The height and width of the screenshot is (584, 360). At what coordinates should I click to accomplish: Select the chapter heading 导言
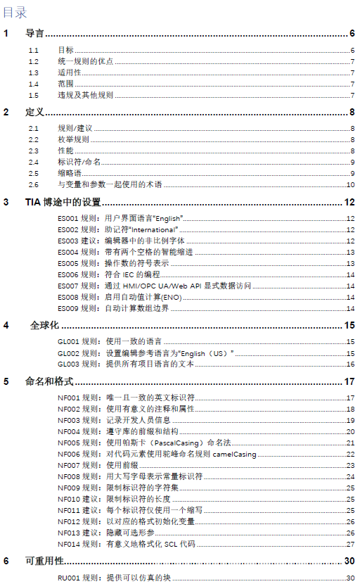pyautogui.click(x=35, y=33)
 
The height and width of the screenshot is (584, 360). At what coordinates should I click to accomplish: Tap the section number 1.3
pyautogui.click(x=34, y=72)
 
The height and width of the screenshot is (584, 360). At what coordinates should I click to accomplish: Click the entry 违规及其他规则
pyautogui.click(x=85, y=95)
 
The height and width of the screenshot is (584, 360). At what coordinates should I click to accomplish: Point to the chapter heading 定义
pyautogui.click(x=35, y=112)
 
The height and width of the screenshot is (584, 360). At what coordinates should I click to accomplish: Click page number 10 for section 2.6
pyautogui.click(x=349, y=184)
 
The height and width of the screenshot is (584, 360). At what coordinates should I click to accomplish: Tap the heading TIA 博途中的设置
pyautogui.click(x=63, y=203)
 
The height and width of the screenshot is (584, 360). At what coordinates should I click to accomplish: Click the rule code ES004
pyautogui.click(x=68, y=252)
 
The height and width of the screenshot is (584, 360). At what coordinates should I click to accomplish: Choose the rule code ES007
pyautogui.click(x=68, y=286)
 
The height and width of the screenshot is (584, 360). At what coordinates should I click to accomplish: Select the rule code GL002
pyautogui.click(x=68, y=353)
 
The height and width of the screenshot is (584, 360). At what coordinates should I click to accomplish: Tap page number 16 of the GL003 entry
pyautogui.click(x=349, y=364)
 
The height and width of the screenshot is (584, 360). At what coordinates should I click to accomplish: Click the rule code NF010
pyautogui.click(x=68, y=499)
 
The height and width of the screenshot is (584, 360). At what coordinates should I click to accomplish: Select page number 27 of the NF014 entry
pyautogui.click(x=349, y=544)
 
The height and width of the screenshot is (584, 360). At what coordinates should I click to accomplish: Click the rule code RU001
pyautogui.click(x=68, y=578)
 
